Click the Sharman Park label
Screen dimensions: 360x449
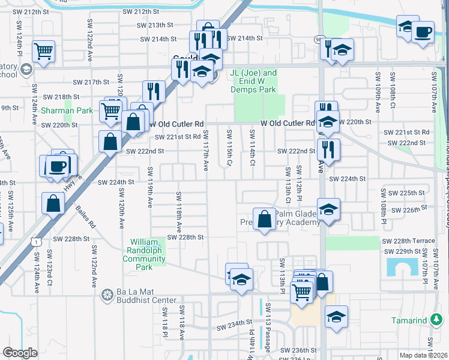click(x=67, y=110)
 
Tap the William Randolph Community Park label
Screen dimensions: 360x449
click(x=143, y=250)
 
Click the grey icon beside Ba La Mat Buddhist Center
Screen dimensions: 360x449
click(x=108, y=295)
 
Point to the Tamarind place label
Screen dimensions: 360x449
click(x=409, y=321)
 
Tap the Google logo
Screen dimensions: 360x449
click(x=20, y=353)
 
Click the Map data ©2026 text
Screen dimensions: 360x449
click(x=423, y=355)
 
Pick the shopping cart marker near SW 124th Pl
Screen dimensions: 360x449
click(x=44, y=52)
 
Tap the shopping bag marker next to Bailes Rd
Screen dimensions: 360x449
click(x=53, y=203)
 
